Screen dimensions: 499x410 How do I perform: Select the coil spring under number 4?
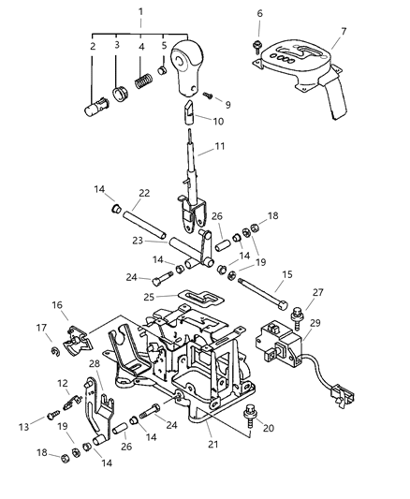142,81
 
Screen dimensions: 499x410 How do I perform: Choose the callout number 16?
57,305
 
